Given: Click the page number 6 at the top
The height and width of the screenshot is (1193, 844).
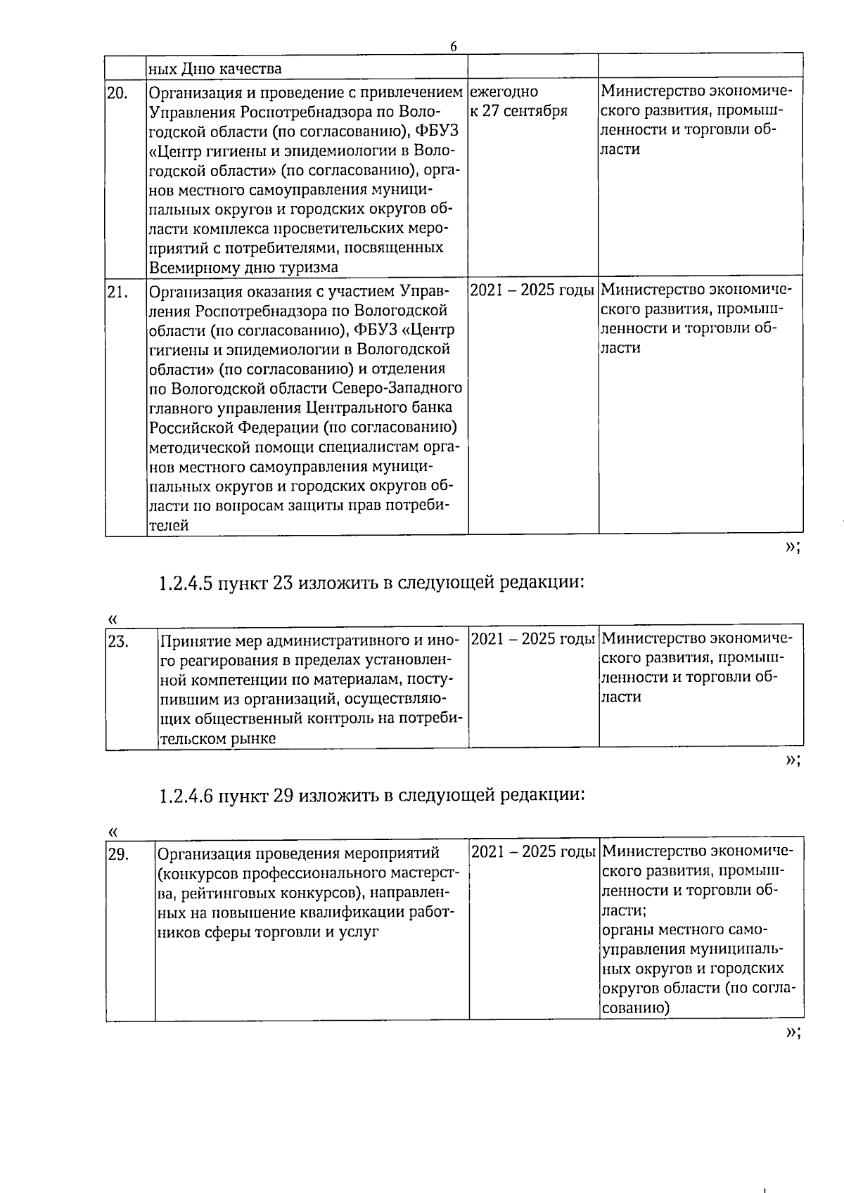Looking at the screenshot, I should click(x=453, y=46).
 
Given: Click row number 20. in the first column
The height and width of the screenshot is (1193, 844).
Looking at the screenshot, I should click(x=117, y=93).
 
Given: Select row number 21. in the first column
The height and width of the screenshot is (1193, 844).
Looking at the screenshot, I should click(x=117, y=291).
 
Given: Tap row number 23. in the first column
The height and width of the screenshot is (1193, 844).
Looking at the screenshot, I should click(x=117, y=640).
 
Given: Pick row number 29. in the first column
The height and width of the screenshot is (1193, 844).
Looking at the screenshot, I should click(x=117, y=853).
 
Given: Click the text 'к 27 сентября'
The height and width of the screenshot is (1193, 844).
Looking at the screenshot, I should click(x=518, y=111).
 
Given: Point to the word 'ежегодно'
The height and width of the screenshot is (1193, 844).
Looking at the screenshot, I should click(x=504, y=91).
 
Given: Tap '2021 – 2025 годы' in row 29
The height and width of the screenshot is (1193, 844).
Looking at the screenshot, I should click(x=533, y=852).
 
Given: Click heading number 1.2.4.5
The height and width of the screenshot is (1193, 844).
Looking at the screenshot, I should click(x=185, y=583).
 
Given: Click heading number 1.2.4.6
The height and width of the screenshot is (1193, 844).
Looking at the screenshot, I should click(x=185, y=796).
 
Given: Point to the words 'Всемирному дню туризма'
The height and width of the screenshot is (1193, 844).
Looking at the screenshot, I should click(x=243, y=267).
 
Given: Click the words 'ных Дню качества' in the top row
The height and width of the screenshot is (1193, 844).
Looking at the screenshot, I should click(x=215, y=68).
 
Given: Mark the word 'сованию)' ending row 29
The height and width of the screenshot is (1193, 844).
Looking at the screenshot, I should click(x=635, y=1007).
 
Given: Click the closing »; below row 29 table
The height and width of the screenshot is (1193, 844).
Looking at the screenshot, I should click(x=792, y=1031).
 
